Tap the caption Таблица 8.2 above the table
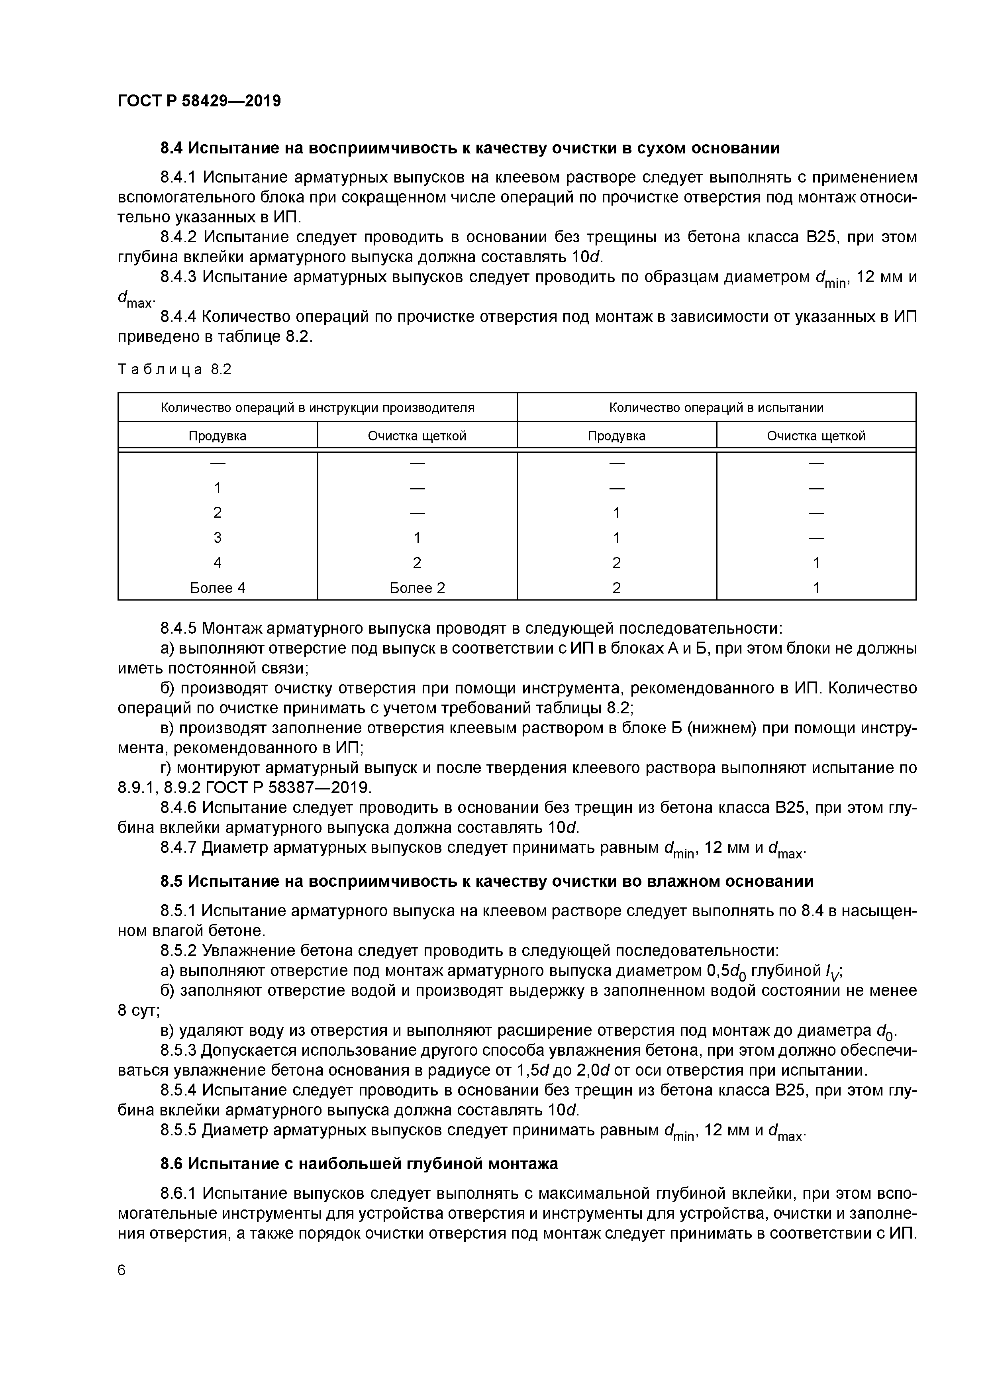175,369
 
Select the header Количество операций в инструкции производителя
317,407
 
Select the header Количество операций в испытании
716,407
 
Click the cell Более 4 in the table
218,587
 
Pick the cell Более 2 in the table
417,587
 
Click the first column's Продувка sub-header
218,436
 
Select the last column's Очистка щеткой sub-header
816,436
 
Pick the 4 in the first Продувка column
218,563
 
